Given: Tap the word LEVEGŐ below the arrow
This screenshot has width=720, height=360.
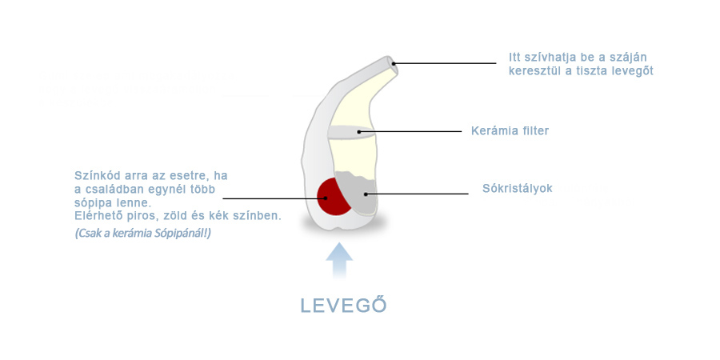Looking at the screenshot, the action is [343, 306].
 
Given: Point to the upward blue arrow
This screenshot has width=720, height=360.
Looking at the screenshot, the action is [339, 260].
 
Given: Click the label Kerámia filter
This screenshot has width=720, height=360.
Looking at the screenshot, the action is [510, 131].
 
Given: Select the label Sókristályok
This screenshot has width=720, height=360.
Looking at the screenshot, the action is [517, 188].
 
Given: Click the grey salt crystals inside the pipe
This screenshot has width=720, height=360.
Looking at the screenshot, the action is [359, 193].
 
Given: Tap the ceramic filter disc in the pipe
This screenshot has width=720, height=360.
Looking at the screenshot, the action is [351, 132].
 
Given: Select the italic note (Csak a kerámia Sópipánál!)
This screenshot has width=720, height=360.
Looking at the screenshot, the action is [143, 234].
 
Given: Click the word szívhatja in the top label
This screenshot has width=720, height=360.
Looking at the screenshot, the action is [549, 58].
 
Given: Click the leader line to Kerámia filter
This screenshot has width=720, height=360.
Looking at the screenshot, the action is [410, 131].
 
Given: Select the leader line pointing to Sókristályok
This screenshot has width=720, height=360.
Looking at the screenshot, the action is [417, 194].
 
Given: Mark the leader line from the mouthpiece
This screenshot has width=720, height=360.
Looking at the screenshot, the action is [445, 63].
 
